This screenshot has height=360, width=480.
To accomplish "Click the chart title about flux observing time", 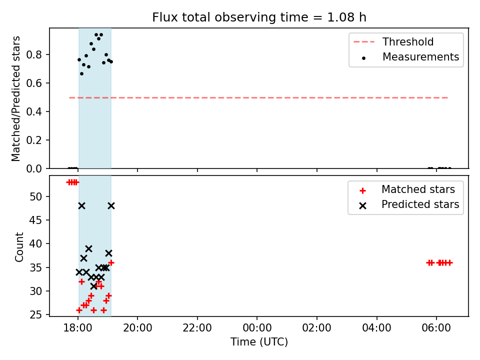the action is (x=259, y=17).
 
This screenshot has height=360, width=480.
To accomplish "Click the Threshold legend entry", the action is (x=393, y=41).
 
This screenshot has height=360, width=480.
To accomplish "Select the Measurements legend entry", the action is (x=410, y=56).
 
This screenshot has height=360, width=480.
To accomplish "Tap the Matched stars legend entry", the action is (x=407, y=189).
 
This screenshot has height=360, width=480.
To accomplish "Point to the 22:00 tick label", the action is (x=197, y=328).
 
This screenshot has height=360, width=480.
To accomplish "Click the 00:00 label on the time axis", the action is (x=257, y=328).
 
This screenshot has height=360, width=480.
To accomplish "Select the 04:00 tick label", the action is (x=376, y=328).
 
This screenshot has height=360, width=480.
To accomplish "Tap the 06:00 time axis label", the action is (x=436, y=328).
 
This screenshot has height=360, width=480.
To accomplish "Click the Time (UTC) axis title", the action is (x=259, y=342).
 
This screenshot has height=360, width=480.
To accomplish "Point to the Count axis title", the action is (x=19, y=246).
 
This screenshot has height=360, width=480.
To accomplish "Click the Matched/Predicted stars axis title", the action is (x=15, y=98).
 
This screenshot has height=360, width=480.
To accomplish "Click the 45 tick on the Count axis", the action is (x=35, y=220).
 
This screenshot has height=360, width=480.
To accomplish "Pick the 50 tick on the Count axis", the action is (x=35, y=196).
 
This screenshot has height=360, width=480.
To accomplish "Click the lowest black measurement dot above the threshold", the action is (x=81, y=74).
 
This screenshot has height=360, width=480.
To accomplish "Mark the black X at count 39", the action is (x=88, y=248).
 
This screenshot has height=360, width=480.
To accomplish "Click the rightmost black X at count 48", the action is (x=111, y=205).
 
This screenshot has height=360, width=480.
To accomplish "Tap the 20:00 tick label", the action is (x=137, y=328).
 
